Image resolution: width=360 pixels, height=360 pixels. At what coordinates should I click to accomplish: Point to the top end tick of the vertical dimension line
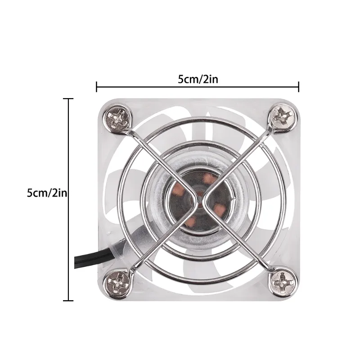point(68,98)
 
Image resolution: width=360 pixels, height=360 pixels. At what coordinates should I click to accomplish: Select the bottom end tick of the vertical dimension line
point(68,300)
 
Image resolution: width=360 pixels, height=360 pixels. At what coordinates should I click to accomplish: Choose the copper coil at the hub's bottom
point(191,220)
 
